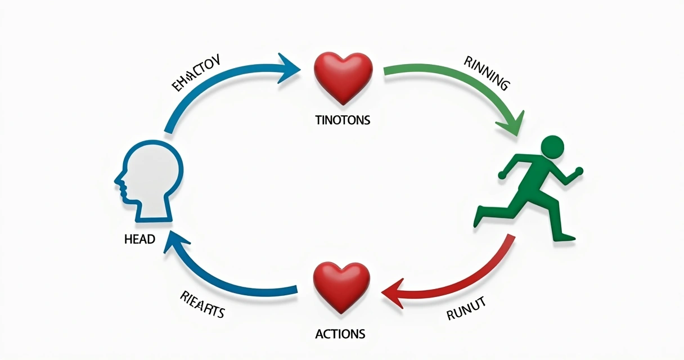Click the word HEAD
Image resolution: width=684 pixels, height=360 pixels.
pyautogui.click(x=139, y=239)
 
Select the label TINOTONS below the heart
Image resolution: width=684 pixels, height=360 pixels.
pyautogui.click(x=343, y=120)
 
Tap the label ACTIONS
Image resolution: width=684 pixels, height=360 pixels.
pyautogui.click(x=340, y=333)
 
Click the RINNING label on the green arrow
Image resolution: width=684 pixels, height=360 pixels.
pyautogui.click(x=487, y=74)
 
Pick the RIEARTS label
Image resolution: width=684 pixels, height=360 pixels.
pyautogui.click(x=202, y=304)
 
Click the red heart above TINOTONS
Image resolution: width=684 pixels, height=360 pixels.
pyautogui.click(x=343, y=77)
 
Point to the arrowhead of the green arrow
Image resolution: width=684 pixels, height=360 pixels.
pyautogui.click(x=514, y=125)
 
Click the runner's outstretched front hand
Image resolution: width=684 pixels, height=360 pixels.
pyautogui.click(x=579, y=170)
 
